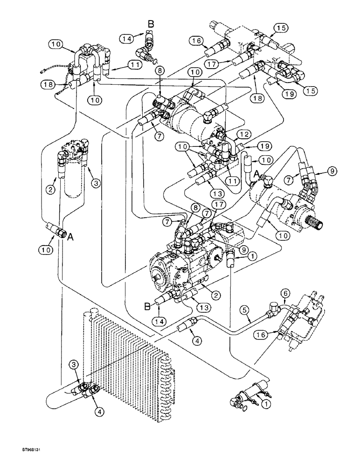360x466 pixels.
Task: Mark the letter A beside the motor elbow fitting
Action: tap(256, 173)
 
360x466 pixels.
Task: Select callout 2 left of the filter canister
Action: tap(50, 189)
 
